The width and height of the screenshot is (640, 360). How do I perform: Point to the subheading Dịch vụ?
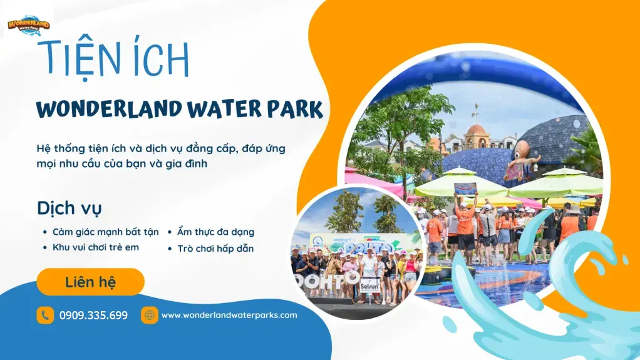[x=69, y=208]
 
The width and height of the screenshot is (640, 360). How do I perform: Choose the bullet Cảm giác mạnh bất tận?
[x=105, y=232]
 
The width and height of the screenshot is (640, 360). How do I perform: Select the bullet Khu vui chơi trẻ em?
[x=95, y=247]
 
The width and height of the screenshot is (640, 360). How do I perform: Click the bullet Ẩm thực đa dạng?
[x=215, y=232]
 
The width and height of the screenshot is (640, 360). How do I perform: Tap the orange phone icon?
[x=45, y=315]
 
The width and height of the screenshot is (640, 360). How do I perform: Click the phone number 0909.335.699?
[x=93, y=315]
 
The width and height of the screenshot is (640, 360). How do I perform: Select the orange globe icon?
[x=149, y=315]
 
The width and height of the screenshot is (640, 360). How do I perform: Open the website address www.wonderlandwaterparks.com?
[x=229, y=315]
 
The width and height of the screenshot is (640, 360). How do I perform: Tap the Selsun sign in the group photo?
[x=369, y=286]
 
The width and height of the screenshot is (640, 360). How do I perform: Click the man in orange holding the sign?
[x=465, y=222]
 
